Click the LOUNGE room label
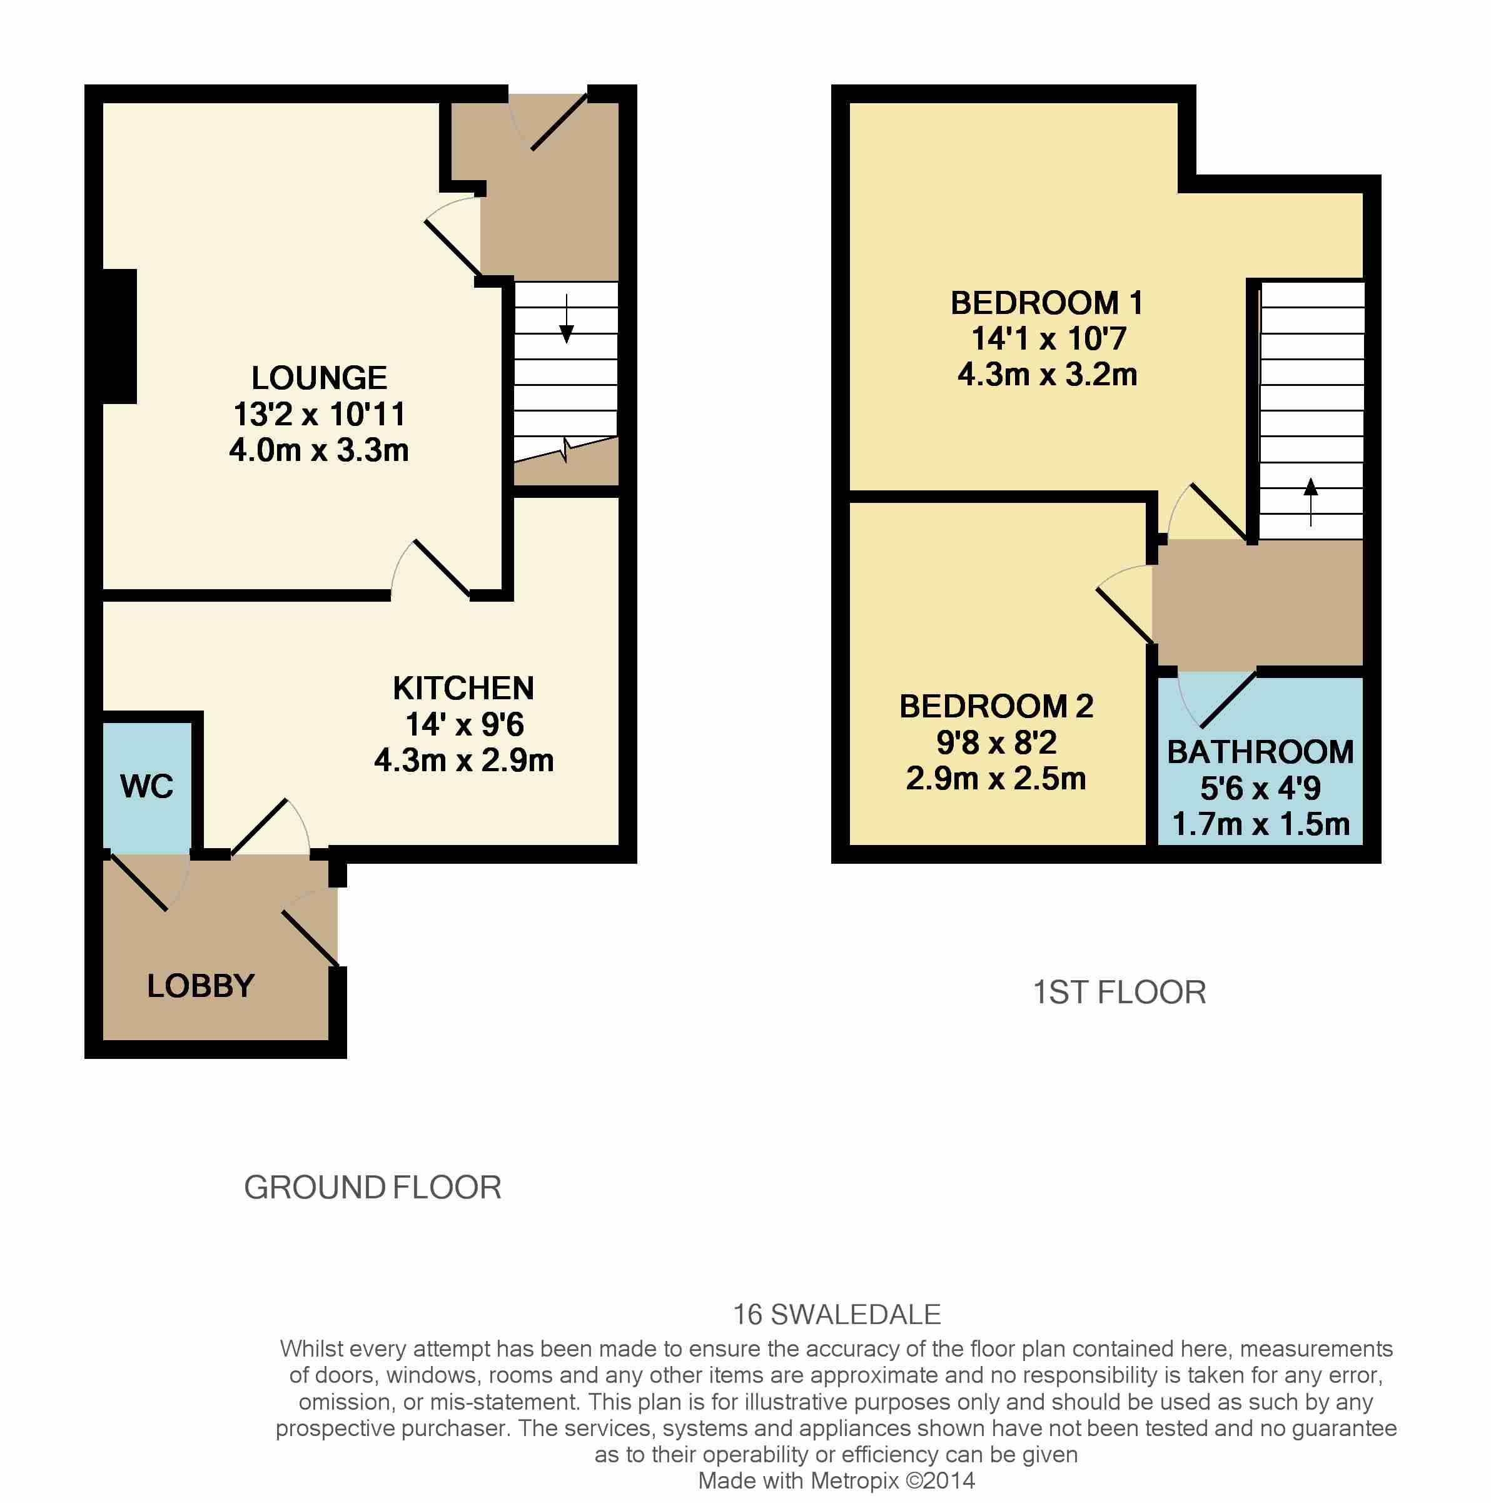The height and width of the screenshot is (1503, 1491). click(319, 378)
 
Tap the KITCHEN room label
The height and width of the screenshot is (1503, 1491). click(463, 689)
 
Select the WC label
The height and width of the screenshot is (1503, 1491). click(147, 786)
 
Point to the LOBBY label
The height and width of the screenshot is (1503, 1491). click(201, 986)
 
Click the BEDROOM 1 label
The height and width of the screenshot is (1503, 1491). click(1047, 303)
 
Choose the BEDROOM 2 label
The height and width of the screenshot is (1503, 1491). click(996, 706)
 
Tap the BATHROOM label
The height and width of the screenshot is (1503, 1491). click(1261, 752)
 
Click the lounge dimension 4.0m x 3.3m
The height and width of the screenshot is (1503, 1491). click(319, 450)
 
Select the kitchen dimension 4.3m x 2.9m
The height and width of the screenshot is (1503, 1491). click(463, 761)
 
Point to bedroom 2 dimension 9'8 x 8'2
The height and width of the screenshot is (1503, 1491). click(996, 743)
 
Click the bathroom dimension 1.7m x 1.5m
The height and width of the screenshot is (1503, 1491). click(1261, 824)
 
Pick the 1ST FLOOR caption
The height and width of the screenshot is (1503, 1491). click(1120, 993)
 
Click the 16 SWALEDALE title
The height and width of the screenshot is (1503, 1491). click(837, 1315)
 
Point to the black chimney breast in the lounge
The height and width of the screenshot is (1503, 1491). click(120, 336)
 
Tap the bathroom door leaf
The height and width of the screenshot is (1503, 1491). click(1229, 699)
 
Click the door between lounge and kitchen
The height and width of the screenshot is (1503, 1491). click(442, 569)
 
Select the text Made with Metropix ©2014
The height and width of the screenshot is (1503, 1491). click(837, 1481)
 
